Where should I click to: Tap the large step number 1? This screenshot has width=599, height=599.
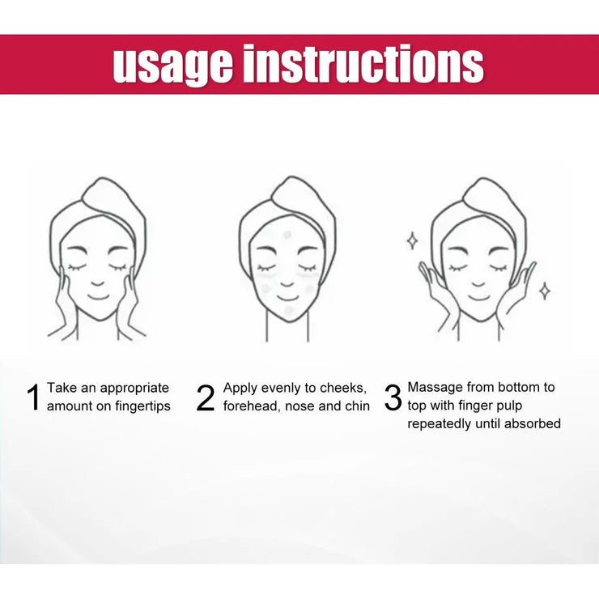pos(33,397)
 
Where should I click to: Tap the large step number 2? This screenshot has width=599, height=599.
pos(206,397)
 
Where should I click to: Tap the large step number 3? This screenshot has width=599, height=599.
pos(393,397)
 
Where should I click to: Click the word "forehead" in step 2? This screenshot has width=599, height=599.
pos(250,406)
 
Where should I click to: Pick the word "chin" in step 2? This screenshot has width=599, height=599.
pos(356,406)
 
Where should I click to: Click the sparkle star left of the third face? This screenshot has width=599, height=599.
pos(412,240)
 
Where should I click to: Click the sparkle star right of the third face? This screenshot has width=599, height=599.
pos(545,290)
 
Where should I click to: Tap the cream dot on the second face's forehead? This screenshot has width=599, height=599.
pos(286,235)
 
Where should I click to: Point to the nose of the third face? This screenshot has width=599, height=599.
pos(478,279)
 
